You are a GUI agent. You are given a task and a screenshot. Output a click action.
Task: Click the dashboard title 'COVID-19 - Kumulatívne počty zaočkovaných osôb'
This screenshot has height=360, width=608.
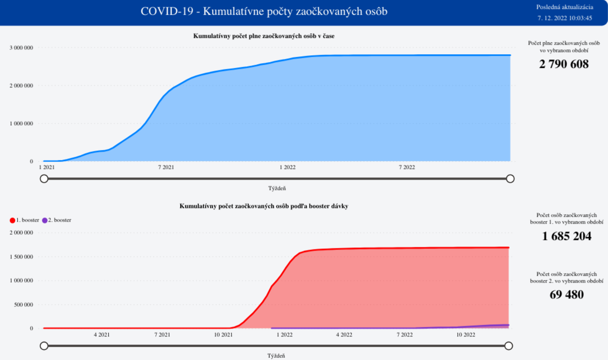264,11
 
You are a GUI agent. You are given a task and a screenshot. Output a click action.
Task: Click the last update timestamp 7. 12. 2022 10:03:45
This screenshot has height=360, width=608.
565,18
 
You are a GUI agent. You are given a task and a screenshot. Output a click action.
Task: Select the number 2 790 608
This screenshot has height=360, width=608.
564,64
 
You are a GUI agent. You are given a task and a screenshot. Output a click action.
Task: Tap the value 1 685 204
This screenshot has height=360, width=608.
566,236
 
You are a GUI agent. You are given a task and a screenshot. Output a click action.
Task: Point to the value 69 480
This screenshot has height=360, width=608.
566,295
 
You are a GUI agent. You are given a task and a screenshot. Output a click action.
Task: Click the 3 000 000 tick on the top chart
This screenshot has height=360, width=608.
22,48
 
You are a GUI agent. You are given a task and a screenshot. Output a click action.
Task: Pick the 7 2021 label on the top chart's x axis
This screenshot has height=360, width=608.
166,167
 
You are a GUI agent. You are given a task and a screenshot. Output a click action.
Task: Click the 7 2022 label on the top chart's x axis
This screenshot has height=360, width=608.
407,167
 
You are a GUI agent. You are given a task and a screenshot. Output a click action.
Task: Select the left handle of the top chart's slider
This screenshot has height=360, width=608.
44,179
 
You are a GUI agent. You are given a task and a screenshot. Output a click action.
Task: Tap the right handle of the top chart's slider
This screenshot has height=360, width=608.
510,179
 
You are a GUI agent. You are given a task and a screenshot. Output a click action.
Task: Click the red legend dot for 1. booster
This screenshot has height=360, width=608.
13,221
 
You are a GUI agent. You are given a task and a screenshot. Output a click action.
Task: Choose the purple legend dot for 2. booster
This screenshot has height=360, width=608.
45,221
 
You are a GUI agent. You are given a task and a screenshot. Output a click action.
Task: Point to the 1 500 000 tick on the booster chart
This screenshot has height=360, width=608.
22,257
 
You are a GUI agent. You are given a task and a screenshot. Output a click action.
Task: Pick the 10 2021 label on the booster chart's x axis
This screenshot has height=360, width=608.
223,334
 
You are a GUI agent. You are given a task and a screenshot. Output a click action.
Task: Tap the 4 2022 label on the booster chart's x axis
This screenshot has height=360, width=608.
344,334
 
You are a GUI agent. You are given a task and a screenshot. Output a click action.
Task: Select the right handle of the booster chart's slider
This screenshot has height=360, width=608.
509,346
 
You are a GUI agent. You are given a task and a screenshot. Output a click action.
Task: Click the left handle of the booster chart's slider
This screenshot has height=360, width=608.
44,346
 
